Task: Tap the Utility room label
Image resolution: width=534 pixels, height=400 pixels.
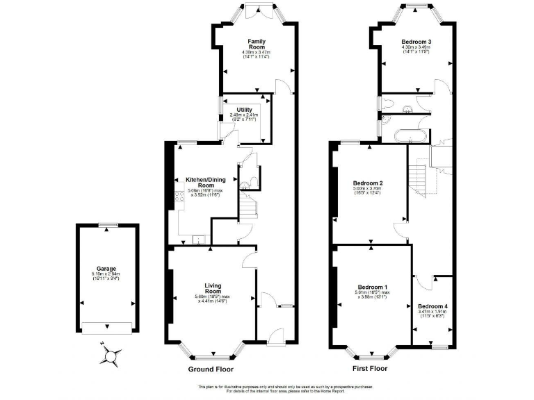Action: coord(244,109)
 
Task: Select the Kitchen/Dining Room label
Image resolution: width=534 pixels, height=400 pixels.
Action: coord(204,183)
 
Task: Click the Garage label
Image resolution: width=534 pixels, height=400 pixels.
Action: coord(106,268)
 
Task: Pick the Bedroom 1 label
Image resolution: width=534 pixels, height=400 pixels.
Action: coord(373,287)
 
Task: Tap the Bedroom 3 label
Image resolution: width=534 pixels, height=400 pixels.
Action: coord(416,42)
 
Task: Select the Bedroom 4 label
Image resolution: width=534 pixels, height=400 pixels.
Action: coord(432,306)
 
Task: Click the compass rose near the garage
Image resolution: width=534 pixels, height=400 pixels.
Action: coord(110,356)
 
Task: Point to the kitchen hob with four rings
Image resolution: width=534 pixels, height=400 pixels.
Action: coord(174,202)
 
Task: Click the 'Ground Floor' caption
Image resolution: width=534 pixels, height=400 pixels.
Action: coord(212,369)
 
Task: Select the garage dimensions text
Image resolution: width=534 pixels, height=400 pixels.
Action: coord(106,277)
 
